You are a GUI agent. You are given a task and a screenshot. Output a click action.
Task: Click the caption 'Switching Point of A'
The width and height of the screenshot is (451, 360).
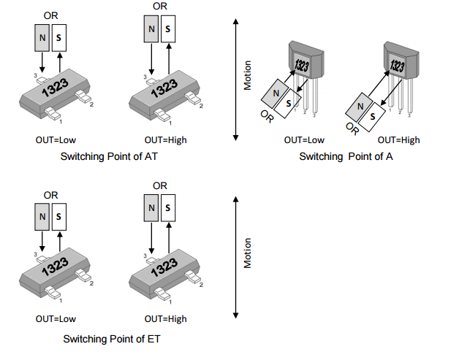pyautogui.click(x=346, y=157)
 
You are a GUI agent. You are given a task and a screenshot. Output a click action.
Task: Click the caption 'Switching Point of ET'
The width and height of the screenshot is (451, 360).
pyautogui.click(x=111, y=339)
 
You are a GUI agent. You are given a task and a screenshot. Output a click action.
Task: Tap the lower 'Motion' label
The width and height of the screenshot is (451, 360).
pyautogui.click(x=247, y=253)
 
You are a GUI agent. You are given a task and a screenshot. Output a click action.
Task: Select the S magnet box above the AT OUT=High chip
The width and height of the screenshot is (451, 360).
pyautogui.click(x=168, y=29)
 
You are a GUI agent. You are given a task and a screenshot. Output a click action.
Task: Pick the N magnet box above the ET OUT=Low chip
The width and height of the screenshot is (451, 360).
pyautogui.click(x=42, y=216)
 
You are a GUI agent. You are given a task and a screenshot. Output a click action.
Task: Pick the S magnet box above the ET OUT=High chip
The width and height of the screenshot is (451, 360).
pyautogui.click(x=168, y=209)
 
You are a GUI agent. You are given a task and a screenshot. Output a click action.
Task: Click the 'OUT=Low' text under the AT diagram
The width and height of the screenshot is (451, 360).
pyautogui.click(x=56, y=138)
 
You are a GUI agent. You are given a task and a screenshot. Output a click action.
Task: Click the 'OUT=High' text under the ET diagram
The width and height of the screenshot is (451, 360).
pyautogui.click(x=165, y=319)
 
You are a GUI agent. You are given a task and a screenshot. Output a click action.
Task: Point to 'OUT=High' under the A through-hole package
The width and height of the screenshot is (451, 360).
pyautogui.click(x=398, y=139)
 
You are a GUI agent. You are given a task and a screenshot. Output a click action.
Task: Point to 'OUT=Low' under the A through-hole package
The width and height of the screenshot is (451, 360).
pyautogui.click(x=304, y=139)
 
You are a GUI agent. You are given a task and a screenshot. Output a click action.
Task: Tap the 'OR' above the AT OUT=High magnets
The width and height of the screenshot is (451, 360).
pyautogui.click(x=159, y=6)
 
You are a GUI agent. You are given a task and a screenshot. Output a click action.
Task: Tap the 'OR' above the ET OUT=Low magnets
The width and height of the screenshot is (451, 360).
pyautogui.click(x=50, y=195)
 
